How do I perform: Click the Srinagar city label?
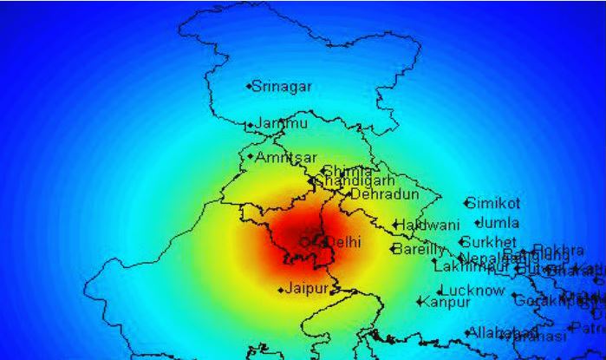tap(282, 87)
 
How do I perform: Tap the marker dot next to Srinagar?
tap(249, 87)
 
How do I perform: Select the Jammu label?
tap(281, 124)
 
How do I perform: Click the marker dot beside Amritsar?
tap(251, 157)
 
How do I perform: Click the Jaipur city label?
tap(308, 288)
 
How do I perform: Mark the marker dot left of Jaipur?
tap(281, 290)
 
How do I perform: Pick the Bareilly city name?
tap(419, 249)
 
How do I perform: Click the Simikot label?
tap(494, 204)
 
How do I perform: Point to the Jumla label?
tap(498, 223)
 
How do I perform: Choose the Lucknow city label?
tap(472, 291)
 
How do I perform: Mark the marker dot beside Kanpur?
tap(420, 303)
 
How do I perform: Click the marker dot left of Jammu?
tap(251, 126)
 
